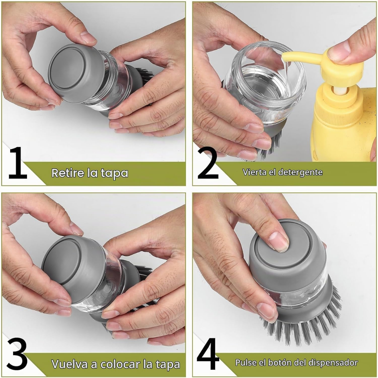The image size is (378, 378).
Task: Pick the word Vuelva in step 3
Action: coord(70,364)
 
